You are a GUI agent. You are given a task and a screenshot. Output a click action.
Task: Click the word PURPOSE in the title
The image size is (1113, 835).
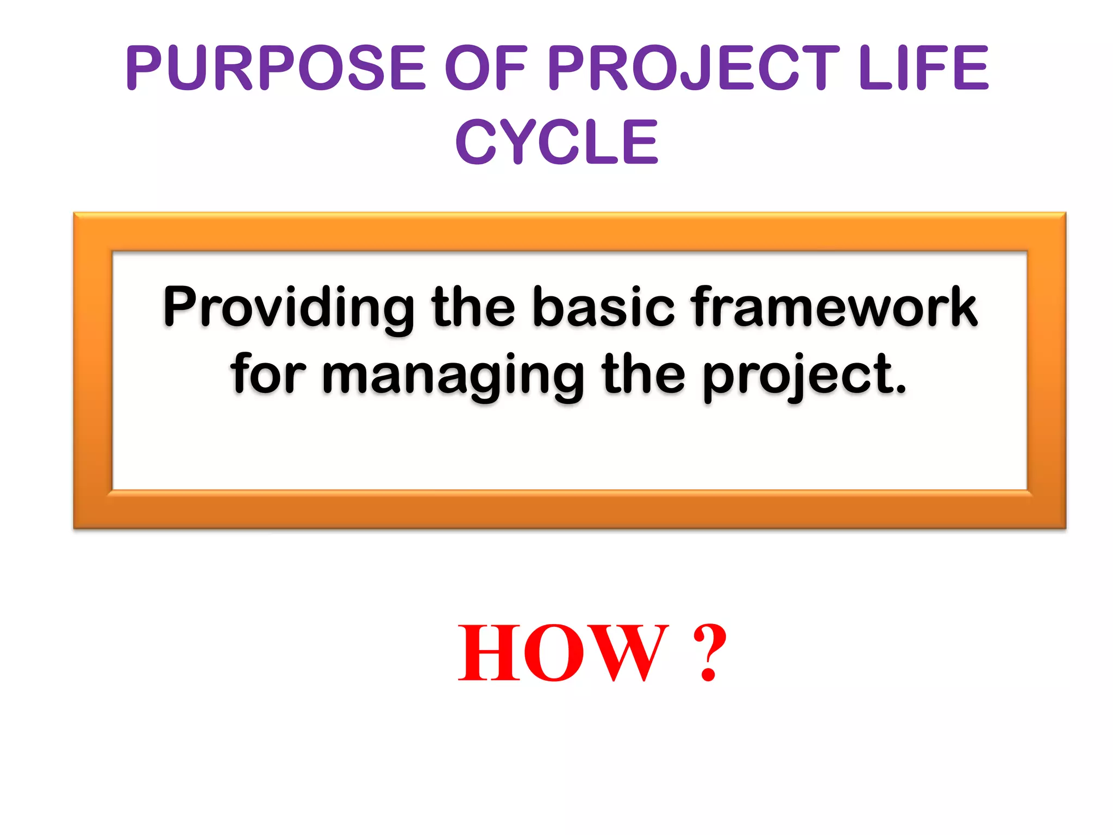[x=276, y=68]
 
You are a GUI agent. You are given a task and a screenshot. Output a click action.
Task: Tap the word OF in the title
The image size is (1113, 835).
[x=485, y=68]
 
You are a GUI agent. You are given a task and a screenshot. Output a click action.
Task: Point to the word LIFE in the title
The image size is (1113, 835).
[x=924, y=68]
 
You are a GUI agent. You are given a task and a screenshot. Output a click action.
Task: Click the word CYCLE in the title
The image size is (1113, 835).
[x=556, y=142]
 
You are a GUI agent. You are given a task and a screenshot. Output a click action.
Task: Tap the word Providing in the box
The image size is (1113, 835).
[x=288, y=308]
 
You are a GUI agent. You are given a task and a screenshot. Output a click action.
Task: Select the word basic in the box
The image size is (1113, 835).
[x=603, y=307]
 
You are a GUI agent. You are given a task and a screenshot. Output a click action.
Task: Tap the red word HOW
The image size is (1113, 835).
[x=563, y=652]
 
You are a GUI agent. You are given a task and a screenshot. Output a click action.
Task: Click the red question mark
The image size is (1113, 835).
[x=710, y=652]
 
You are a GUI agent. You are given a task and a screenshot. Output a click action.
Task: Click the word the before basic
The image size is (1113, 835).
[x=473, y=307]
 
